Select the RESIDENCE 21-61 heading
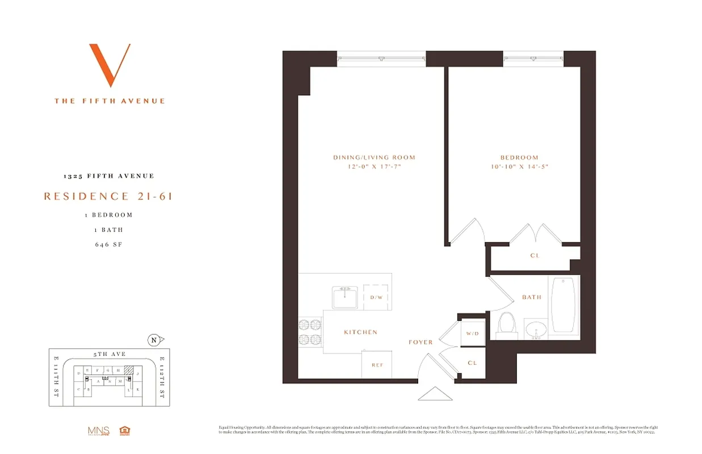108,196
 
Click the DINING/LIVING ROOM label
374,157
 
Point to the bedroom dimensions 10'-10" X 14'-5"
519,167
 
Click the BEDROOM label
519,157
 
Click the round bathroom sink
536,329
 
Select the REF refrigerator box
377,365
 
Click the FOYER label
421,342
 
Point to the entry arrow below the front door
435,394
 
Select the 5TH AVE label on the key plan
110,354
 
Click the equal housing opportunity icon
124,431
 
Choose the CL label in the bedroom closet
535,255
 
